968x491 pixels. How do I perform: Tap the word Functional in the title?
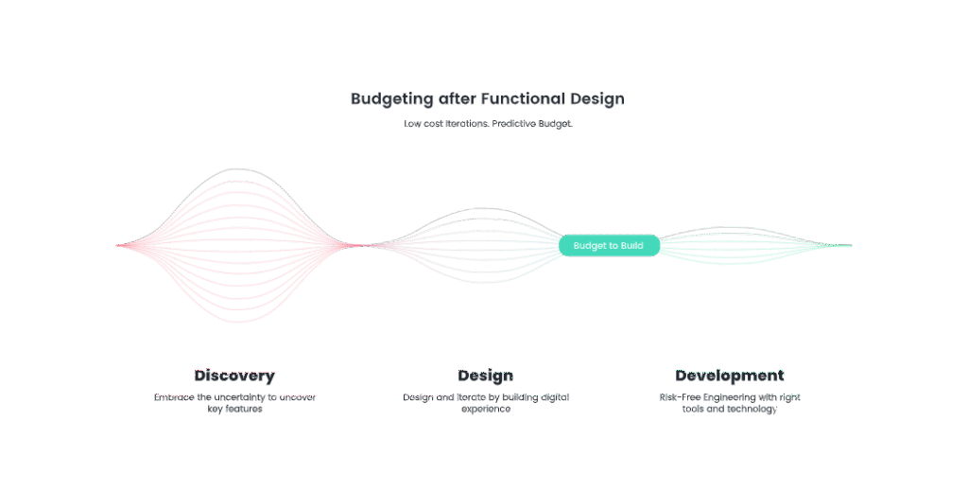pos(522,98)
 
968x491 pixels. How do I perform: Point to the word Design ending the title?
pos(597,98)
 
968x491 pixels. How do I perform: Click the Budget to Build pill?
pos(608,246)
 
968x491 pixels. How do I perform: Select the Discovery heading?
pos(234,376)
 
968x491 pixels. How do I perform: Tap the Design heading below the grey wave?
pos(485,376)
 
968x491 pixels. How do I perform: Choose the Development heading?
pos(729,376)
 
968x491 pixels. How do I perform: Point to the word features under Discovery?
pos(244,410)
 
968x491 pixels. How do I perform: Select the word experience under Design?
pos(485,410)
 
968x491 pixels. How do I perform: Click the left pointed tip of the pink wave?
pos(117,246)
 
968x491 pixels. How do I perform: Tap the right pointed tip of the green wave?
pos(850,246)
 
